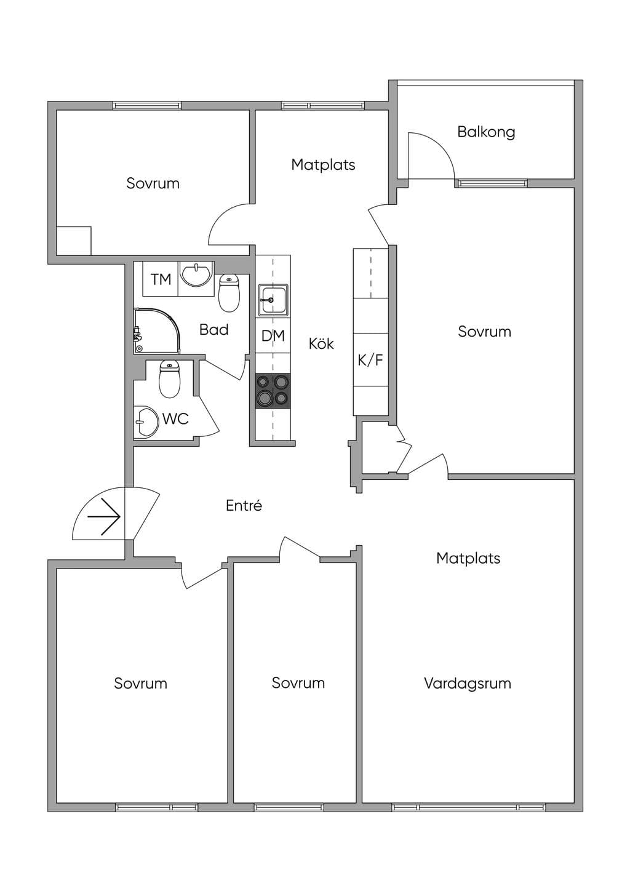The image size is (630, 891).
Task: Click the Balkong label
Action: click(x=486, y=132)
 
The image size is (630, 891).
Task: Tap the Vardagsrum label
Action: click(x=468, y=684)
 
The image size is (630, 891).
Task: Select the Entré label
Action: click(x=244, y=506)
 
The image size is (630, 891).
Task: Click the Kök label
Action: click(x=321, y=343)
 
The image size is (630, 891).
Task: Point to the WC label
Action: click(x=175, y=418)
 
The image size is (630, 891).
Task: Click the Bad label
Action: click(x=214, y=329)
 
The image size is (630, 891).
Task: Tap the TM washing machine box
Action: click(x=161, y=279)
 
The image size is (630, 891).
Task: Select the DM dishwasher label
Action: click(x=273, y=336)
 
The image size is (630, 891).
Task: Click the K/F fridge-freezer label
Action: click(x=370, y=360)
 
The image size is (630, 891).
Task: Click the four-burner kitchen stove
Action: click(x=273, y=391)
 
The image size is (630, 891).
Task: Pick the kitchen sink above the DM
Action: click(x=273, y=300)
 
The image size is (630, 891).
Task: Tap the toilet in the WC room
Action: click(x=170, y=378)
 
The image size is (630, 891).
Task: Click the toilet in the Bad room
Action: click(x=229, y=293)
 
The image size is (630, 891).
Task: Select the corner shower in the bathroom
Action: click(x=157, y=330)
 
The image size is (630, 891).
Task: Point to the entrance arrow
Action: click(x=104, y=516)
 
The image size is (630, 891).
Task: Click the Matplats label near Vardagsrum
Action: click(x=468, y=558)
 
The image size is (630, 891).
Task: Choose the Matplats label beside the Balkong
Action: click(x=323, y=165)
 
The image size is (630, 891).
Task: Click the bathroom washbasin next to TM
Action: click(x=196, y=274)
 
